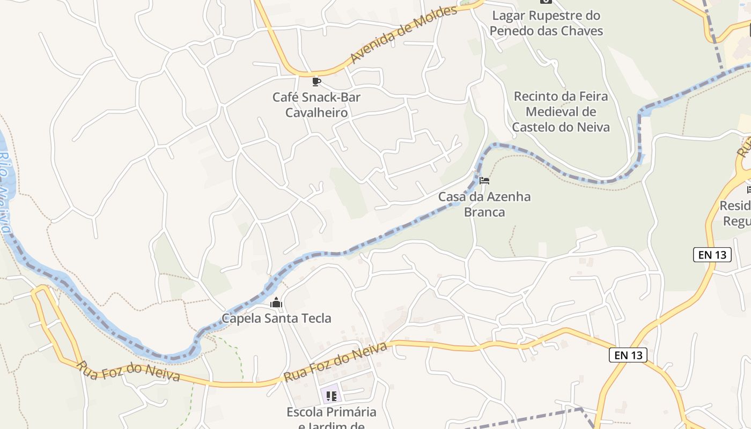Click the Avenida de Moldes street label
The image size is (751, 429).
click(x=403, y=35)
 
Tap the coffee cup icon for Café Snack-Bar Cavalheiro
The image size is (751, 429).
click(x=316, y=82)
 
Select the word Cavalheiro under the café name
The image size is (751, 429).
click(x=316, y=113)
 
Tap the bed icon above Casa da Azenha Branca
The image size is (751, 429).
click(x=484, y=181)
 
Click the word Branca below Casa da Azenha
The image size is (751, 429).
click(x=484, y=212)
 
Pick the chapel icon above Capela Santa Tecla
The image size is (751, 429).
click(x=276, y=303)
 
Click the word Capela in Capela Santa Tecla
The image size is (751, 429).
click(x=241, y=318)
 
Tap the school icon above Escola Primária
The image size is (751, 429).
click(x=332, y=396)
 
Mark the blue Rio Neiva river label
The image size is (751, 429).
click(x=5, y=193)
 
